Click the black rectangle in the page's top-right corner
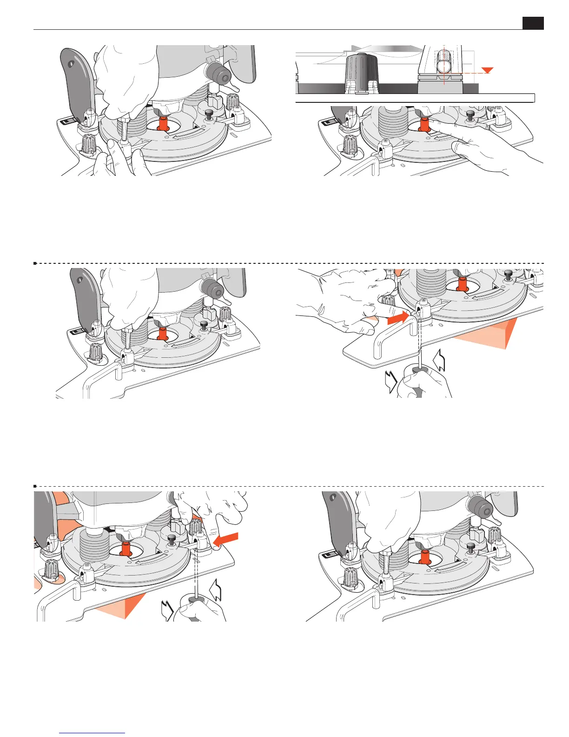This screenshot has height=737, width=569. (x=533, y=23)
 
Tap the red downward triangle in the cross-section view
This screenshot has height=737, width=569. (x=487, y=70)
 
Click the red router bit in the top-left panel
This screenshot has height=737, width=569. (x=163, y=124)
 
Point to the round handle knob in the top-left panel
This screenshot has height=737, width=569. (x=218, y=72)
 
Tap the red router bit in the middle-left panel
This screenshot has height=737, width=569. (x=162, y=334)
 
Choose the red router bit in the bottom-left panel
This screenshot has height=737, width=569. (x=125, y=549)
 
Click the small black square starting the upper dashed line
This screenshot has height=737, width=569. (x=35, y=263)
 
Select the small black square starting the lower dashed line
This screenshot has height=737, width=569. (x=35, y=486)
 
